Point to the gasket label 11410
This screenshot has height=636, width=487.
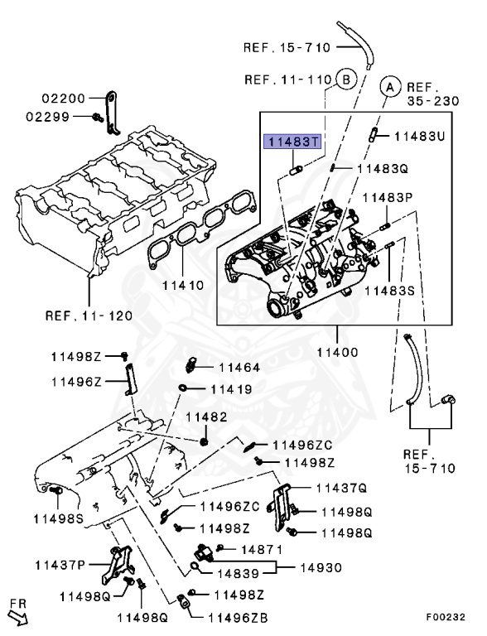coord(182,284)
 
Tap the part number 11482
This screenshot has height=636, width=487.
coord(205,416)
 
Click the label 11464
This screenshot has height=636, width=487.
coord(239,367)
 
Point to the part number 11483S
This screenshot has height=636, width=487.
coord(392,291)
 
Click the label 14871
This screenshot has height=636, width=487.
coord(263,549)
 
